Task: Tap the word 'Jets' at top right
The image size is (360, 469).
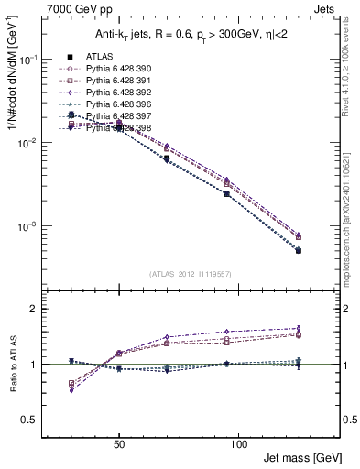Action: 326,8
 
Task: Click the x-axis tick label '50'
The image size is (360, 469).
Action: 119,442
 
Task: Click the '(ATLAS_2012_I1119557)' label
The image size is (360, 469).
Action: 190,273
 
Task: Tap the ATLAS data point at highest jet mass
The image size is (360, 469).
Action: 298,250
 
